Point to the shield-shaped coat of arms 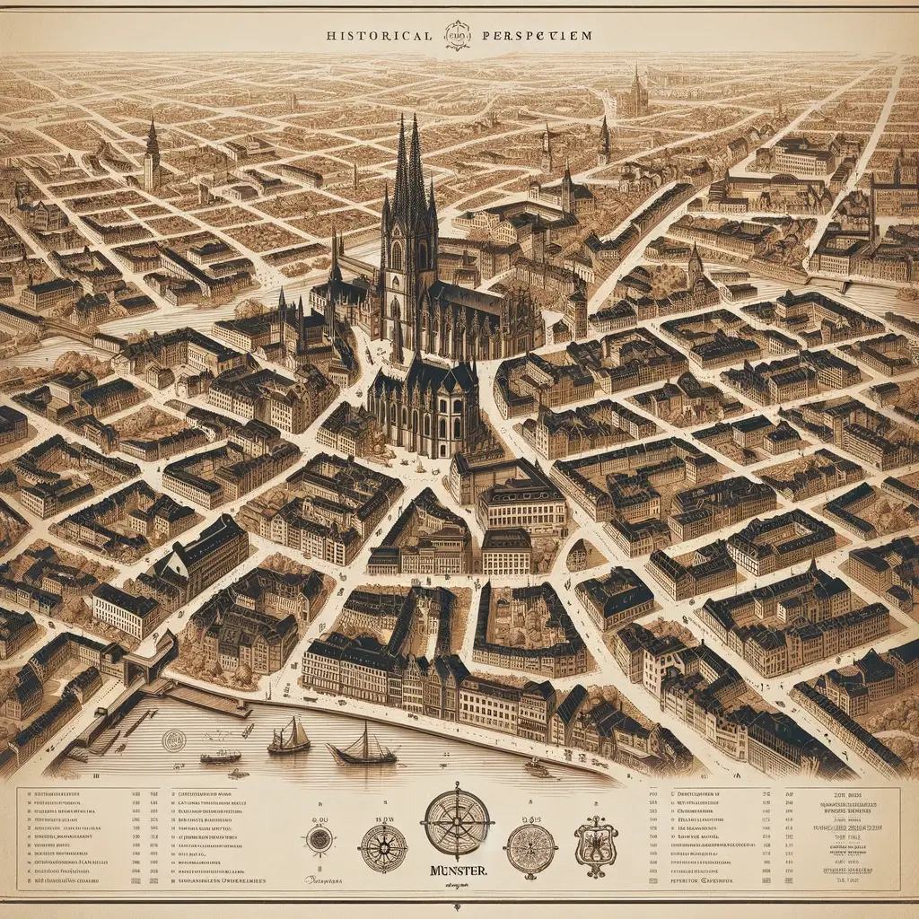coord(596,845)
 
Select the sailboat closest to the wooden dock coord(289,738)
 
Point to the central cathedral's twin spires coord(408,171)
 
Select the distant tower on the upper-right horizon coord(635,90)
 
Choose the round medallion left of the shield coord(531,848)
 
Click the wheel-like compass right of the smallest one coord(383,847)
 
